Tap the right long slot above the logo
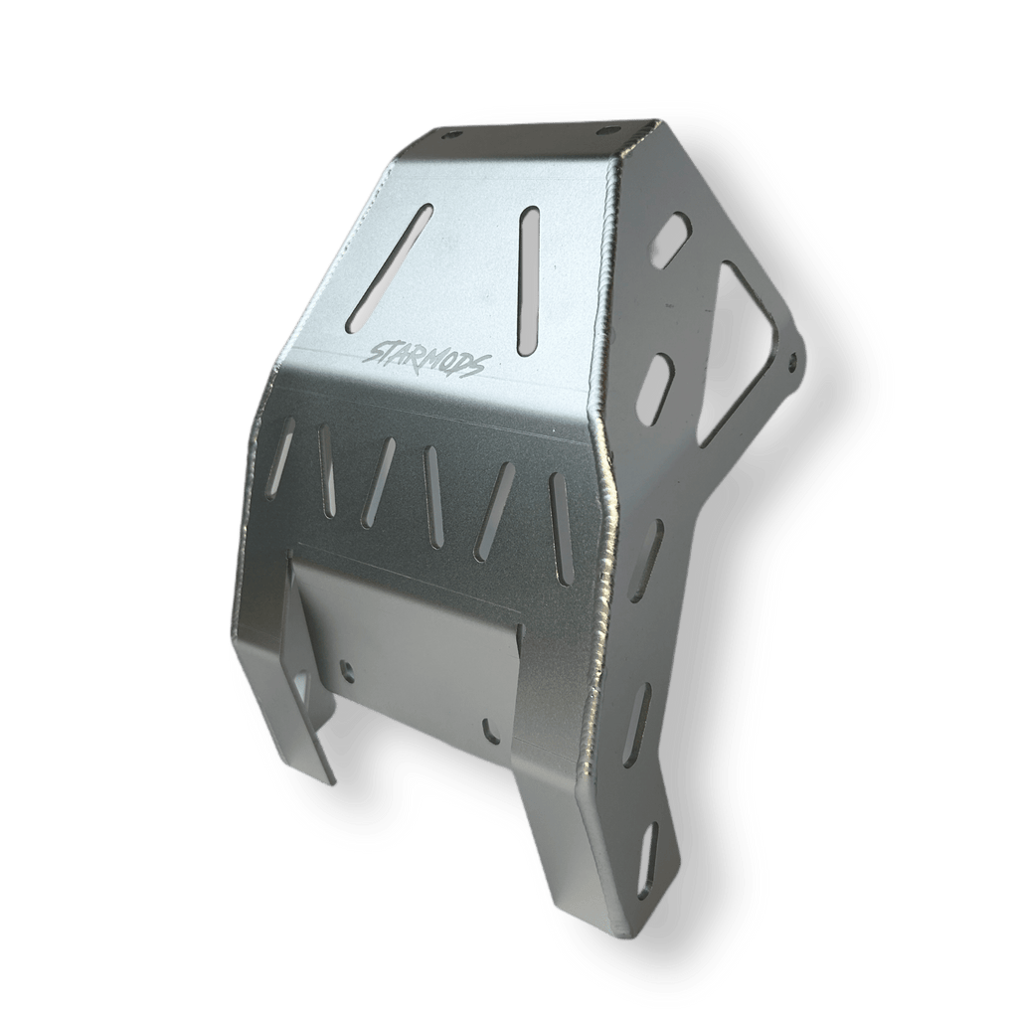coord(529,280)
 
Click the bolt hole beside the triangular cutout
coord(791,357)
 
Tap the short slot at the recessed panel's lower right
coord(488,730)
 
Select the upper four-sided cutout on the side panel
coord(672,239)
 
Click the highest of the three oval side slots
coord(646,560)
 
